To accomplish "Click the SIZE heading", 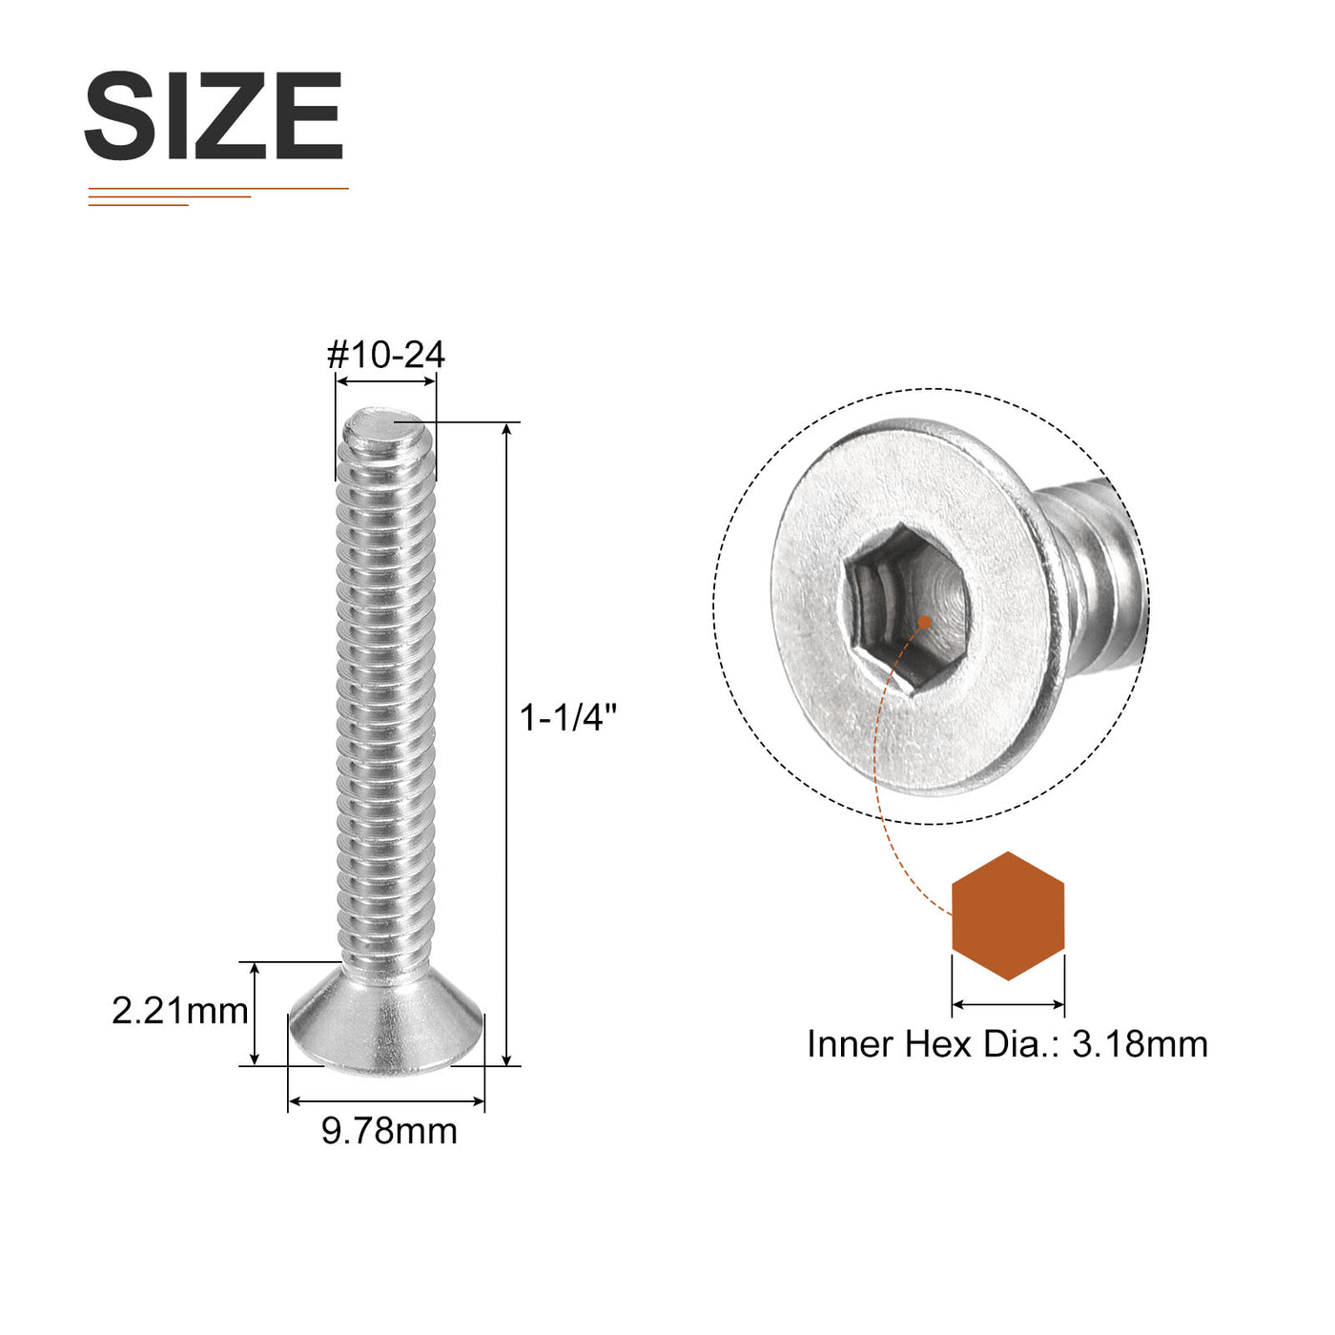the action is [x=214, y=115].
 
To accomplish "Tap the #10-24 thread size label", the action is [x=386, y=356].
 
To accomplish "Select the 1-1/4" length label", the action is [x=568, y=718].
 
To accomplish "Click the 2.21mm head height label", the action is [x=180, y=1011].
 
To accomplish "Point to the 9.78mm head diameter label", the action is [x=389, y=1131].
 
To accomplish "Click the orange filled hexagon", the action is [x=1008, y=915].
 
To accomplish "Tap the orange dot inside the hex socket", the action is [x=924, y=623].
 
